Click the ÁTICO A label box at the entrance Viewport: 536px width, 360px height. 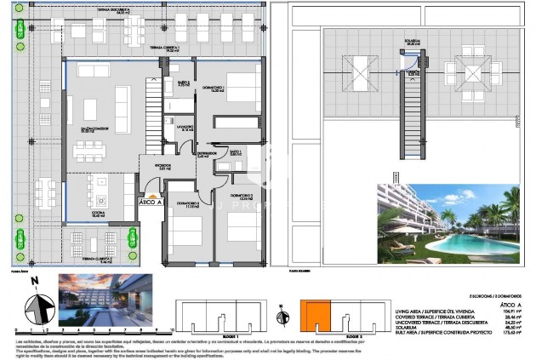click(x=151, y=203)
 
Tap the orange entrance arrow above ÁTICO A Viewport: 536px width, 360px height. click(x=151, y=194)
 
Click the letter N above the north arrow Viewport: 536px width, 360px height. click(x=32, y=279)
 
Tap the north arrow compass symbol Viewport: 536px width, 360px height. click(x=32, y=304)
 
